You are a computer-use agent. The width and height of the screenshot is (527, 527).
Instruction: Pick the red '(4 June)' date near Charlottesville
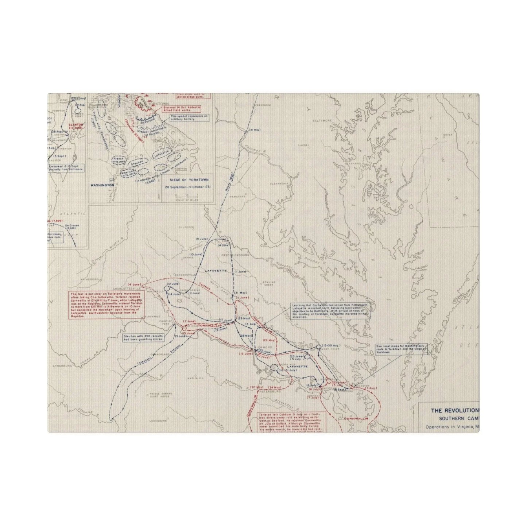pyautogui.click(x=135, y=284)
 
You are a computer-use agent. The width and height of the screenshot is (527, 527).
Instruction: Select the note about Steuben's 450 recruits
pyautogui.click(x=144, y=337)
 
